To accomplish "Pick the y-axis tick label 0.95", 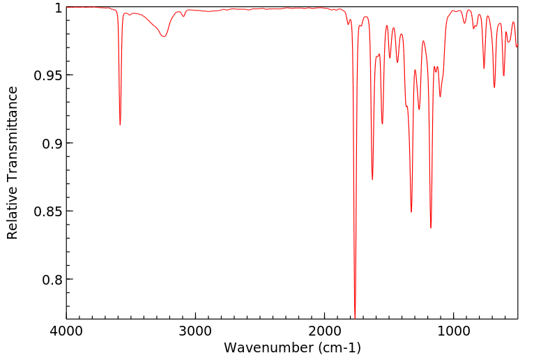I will tap(48, 75).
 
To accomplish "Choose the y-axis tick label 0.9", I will tap(52, 144).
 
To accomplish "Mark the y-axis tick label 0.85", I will tap(48, 211).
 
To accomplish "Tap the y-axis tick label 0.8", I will tap(52, 280).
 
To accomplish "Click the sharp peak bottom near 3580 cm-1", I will tap(120, 124).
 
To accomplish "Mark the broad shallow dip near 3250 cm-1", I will tap(164, 36).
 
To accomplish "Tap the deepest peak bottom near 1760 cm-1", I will tap(355, 317).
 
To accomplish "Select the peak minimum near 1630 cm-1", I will tap(372, 179).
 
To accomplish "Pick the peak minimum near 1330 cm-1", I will tap(411, 212).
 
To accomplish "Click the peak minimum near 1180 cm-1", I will tap(431, 227).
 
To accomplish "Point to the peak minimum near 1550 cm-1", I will tap(382, 124).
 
